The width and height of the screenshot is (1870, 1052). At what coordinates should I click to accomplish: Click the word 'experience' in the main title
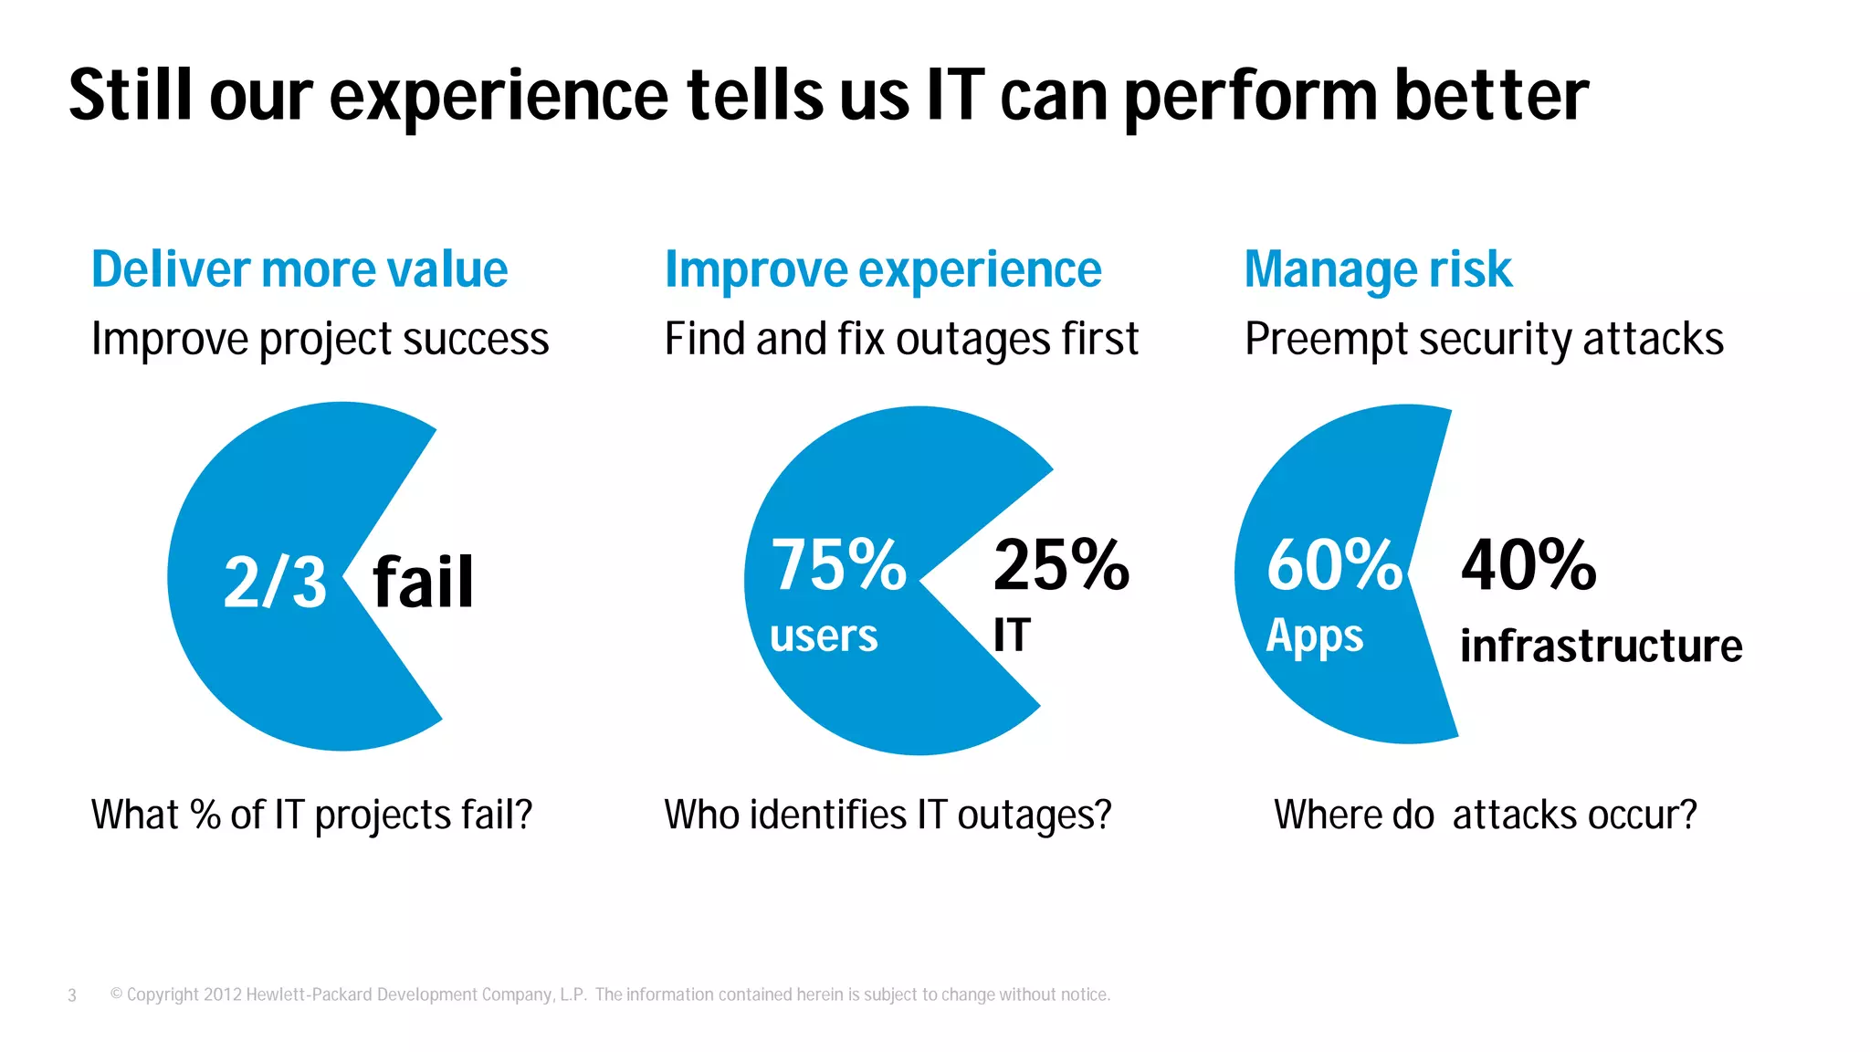(499, 97)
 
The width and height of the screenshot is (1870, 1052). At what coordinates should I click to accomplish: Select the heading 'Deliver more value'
(299, 270)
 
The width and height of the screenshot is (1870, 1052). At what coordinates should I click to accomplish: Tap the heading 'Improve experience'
(883, 270)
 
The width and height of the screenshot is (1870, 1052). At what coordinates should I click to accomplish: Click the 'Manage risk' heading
(1378, 270)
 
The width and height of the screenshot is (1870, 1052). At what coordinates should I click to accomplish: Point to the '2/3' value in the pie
(275, 583)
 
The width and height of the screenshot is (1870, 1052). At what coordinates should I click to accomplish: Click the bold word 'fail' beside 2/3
(424, 583)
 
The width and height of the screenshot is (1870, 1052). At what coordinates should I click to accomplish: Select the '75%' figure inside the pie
(838, 565)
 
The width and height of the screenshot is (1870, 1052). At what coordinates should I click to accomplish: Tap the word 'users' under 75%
(824, 636)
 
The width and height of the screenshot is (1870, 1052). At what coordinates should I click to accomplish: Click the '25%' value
(1061, 565)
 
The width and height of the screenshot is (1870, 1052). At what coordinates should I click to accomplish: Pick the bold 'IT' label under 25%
(1012, 635)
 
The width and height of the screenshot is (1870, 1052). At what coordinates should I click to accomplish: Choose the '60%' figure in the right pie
(1334, 565)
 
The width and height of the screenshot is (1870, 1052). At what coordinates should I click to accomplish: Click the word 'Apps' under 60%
(1314, 636)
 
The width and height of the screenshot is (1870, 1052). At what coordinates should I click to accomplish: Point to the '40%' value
(1529, 565)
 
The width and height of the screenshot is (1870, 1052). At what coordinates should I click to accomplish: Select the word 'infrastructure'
(1601, 646)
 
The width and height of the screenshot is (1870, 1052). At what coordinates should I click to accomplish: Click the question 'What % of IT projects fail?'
(311, 815)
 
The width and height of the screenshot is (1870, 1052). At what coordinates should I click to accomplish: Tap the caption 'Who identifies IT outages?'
(888, 815)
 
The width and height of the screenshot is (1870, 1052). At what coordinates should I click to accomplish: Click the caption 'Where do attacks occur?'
(1485, 815)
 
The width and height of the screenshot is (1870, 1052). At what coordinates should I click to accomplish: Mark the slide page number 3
(72, 995)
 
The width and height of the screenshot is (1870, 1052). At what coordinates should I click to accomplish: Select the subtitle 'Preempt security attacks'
(1484, 340)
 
